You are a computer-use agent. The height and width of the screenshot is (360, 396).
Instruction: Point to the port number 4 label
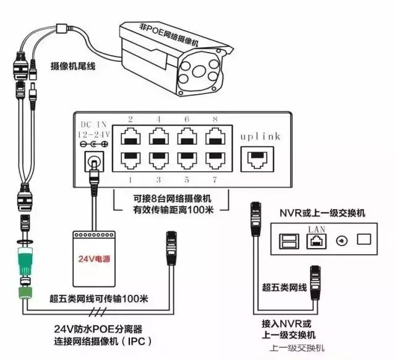pos(159,119)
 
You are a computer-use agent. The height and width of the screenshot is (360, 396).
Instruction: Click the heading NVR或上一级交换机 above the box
pos(322,213)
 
